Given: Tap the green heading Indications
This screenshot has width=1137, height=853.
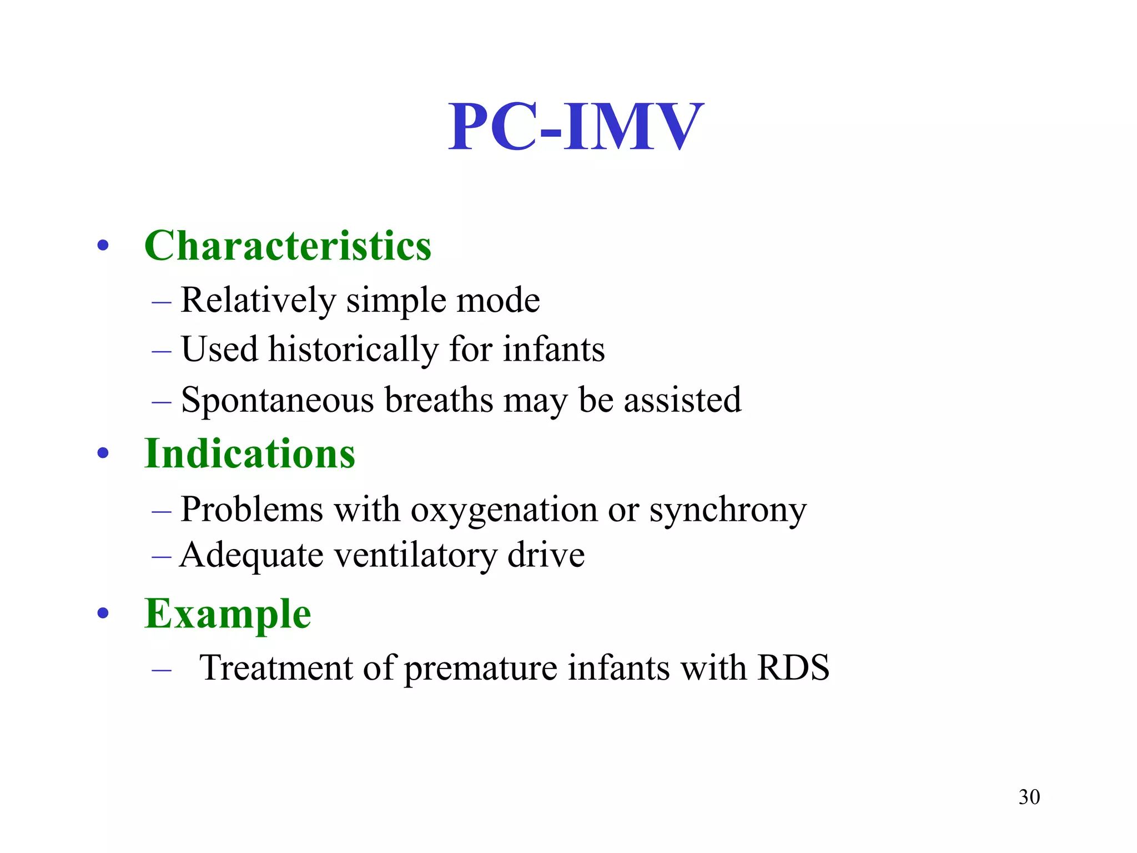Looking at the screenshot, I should (x=249, y=453).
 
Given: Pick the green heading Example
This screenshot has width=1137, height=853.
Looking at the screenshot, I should (x=228, y=613).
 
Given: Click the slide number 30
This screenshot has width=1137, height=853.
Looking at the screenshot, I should (x=1029, y=797).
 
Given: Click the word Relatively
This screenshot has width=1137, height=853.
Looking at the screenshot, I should (x=258, y=300).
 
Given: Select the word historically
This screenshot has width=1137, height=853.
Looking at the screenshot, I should (x=354, y=350).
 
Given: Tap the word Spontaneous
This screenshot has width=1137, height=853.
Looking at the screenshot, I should (x=278, y=400).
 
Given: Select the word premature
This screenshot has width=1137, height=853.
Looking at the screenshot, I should (x=480, y=668).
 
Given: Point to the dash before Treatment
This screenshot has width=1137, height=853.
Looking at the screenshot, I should (x=161, y=670).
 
